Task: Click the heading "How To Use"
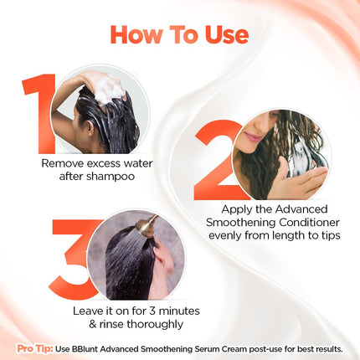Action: tap(179, 35)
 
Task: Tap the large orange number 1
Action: tap(38, 113)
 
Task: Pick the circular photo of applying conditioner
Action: tap(281, 155)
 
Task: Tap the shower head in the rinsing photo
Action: tap(149, 225)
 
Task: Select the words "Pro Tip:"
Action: tap(36, 347)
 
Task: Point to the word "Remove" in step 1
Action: tap(62, 163)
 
